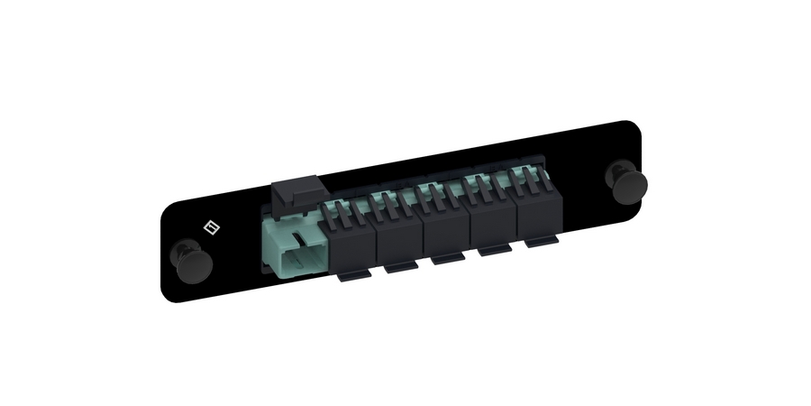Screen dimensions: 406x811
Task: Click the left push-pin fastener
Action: tap(192, 259)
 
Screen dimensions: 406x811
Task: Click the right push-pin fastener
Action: tap(622, 181)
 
